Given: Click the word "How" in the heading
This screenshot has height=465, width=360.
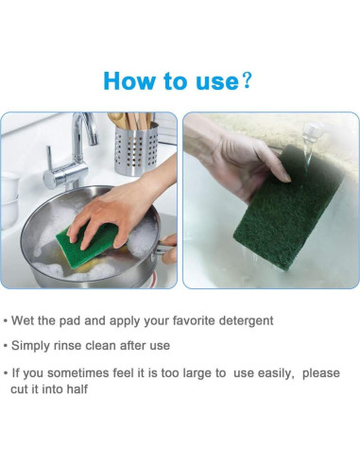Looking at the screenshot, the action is pos(129,81).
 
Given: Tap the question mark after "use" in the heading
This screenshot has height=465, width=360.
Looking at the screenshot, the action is pos(247,81).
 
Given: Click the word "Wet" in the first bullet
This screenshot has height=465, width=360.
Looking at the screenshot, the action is pos(23,320).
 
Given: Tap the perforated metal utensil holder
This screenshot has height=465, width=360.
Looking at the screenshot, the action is pos(136,148).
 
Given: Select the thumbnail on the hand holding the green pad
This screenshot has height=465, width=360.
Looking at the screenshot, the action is pos(285,177).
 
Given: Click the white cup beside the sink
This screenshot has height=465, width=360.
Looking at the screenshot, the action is pos(9,199).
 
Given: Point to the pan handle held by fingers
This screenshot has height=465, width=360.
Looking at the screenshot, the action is pos(163,248).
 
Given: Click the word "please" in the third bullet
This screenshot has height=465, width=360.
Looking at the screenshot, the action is pos(321,374).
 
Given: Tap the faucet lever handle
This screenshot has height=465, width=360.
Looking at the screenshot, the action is pos(49,159).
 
